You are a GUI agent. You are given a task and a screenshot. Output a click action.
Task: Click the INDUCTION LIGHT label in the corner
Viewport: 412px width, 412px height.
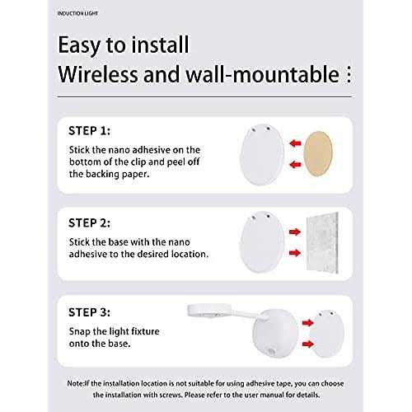click(77, 13)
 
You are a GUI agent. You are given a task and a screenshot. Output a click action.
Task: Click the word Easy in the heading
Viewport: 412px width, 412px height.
click(79, 45)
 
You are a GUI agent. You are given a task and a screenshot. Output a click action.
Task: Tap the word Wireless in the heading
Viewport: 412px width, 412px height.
click(98, 74)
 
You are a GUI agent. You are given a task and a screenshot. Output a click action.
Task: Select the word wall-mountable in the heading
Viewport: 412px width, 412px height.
click(263, 74)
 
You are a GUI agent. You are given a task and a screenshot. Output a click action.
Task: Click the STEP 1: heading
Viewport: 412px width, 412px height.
click(89, 131)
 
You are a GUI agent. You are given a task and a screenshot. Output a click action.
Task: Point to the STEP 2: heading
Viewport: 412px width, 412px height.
click(89, 223)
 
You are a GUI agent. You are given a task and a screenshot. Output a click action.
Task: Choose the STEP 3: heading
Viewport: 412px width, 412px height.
click(89, 312)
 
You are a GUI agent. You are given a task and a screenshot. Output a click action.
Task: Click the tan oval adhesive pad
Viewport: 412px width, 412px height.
click(318, 154)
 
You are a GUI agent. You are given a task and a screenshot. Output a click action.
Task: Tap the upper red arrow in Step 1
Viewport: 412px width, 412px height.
click(296, 143)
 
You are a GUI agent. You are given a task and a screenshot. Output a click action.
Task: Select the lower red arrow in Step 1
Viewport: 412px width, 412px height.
click(296, 165)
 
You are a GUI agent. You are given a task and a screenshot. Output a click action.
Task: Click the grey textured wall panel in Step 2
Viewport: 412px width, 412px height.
click(322, 242)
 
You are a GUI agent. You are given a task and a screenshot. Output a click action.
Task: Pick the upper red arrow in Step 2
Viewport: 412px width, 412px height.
click(295, 232)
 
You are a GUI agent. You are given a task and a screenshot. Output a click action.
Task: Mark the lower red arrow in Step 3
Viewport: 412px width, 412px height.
click(308, 344)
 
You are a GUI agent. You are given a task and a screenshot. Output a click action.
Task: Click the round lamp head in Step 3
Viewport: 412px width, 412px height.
click(209, 311)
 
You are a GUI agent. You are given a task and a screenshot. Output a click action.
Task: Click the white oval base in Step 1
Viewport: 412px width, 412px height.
click(262, 155)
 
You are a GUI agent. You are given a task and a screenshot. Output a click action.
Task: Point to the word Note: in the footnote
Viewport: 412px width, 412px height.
click(76, 383)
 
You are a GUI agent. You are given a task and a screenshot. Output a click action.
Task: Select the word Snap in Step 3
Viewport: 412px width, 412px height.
click(80, 332)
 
